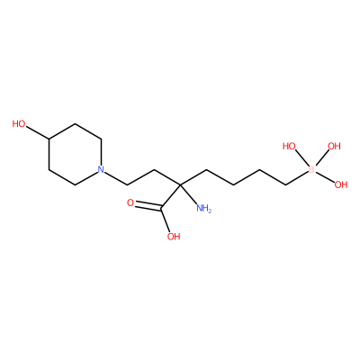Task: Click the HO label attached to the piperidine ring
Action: [x=19, y=123]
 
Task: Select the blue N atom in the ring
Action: [x=101, y=169]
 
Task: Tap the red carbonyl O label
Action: [x=130, y=202]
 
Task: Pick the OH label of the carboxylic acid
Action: [x=174, y=237]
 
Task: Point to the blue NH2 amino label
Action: [x=203, y=208]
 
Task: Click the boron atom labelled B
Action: [x=311, y=169]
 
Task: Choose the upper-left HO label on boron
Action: [x=289, y=146]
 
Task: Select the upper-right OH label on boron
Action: [x=334, y=146]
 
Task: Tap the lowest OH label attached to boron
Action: [x=341, y=184]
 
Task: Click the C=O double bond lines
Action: [x=148, y=205]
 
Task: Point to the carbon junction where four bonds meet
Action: [x=180, y=184]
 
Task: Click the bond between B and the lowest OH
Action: [x=325, y=176]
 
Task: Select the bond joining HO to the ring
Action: [x=38, y=132]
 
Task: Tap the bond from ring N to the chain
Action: [x=116, y=178]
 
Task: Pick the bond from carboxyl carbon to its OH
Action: [x=166, y=219]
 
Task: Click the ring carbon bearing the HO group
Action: [x=49, y=139]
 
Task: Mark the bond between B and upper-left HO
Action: [x=301, y=157]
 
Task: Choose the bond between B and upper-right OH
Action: [x=322, y=157]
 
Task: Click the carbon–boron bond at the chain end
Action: [x=297, y=178]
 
